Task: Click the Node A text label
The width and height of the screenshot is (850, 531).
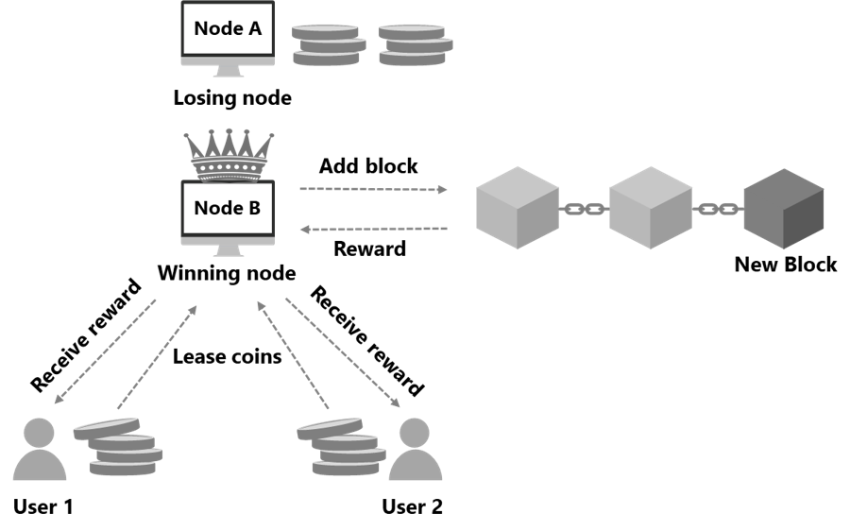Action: coord(228,28)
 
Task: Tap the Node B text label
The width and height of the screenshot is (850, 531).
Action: coord(228,208)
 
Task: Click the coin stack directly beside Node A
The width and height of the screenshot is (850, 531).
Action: coord(326,44)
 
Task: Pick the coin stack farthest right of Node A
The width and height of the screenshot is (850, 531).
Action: coord(415,44)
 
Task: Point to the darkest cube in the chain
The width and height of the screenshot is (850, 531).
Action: coord(783,209)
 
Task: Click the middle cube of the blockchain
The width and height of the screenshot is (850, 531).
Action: coord(651,208)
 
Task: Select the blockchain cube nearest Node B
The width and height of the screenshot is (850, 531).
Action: coord(518,208)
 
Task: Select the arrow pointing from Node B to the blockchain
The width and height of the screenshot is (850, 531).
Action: coord(373,189)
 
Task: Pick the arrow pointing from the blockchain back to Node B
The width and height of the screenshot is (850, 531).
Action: coord(373,229)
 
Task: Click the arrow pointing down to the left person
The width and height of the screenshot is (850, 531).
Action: coord(105,351)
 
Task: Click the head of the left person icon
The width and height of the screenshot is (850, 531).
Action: coord(39,434)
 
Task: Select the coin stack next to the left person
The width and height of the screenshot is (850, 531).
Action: coord(120,447)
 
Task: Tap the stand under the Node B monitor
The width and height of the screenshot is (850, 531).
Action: coord(228,248)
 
